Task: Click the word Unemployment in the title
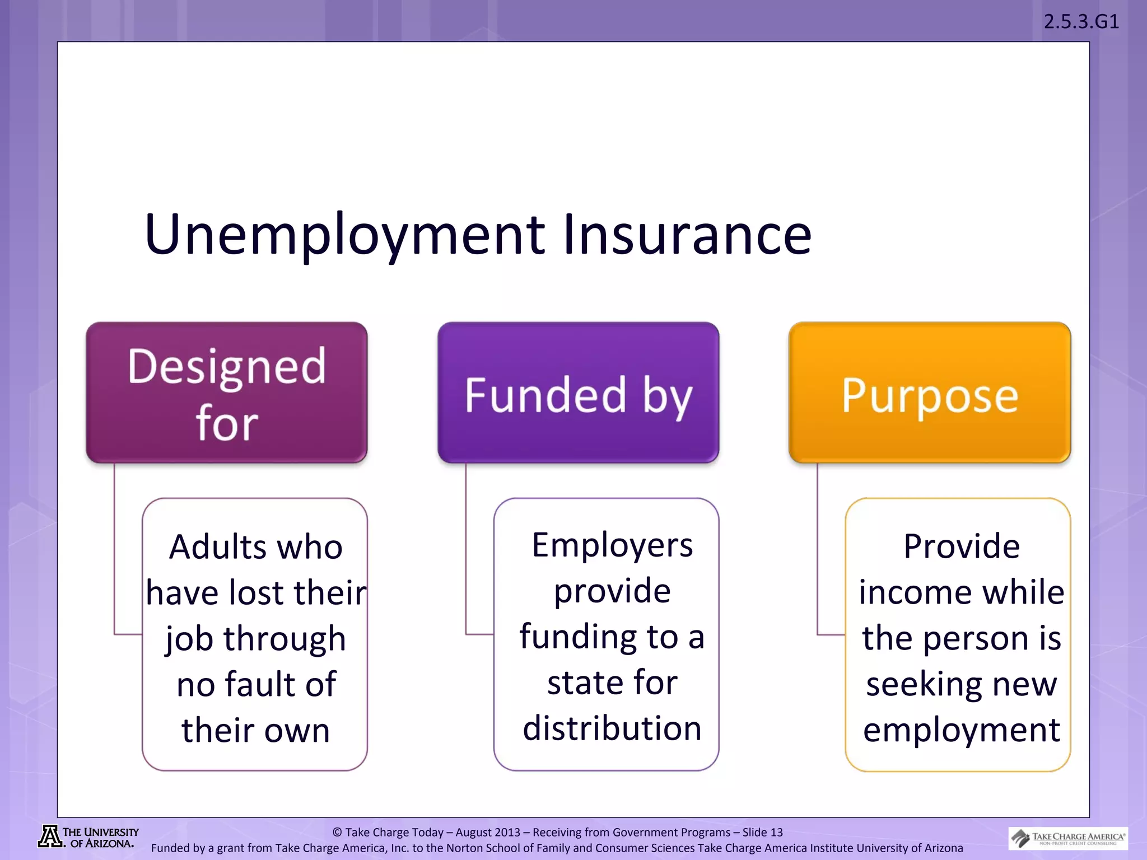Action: pos(344,235)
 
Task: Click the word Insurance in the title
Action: pos(687,235)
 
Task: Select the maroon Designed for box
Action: pos(226,392)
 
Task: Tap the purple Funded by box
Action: pos(578,392)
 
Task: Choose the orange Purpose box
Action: pos(930,392)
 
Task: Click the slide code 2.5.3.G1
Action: pos(1081,22)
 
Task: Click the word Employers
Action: pos(612,545)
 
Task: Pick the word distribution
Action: pos(612,728)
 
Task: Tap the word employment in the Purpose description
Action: pos(961,731)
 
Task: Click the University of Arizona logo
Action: pos(88,837)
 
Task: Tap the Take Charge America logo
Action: pos(1068,838)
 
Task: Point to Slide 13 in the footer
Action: pos(762,833)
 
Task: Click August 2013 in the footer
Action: pos(488,833)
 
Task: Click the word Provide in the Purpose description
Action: pos(961,546)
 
